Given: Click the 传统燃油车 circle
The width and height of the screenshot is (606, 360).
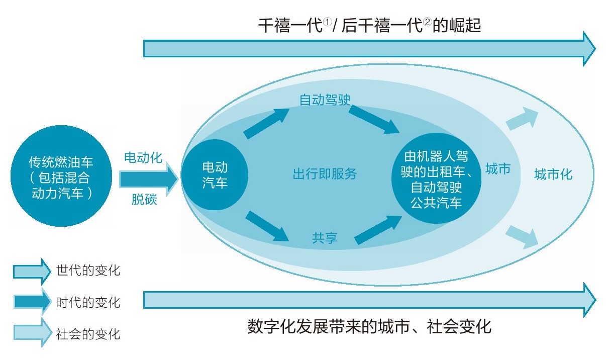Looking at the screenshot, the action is pyautogui.click(x=61, y=176).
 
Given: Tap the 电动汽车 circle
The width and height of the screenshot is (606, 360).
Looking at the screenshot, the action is pyautogui.click(x=215, y=175).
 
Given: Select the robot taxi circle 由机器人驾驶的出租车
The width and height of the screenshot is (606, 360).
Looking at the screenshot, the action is pyautogui.click(x=436, y=178).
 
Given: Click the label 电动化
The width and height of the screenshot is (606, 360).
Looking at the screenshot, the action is pyautogui.click(x=143, y=157).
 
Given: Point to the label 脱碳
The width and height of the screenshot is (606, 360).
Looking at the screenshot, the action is pyautogui.click(x=144, y=200).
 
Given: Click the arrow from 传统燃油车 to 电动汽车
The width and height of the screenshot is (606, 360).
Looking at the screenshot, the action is pyautogui.click(x=149, y=179).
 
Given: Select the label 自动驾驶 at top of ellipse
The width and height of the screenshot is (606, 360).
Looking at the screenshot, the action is pyautogui.click(x=325, y=100).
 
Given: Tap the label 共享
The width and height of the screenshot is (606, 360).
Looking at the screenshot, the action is pyautogui.click(x=325, y=238).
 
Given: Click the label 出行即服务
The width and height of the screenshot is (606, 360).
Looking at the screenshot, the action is pyautogui.click(x=325, y=173).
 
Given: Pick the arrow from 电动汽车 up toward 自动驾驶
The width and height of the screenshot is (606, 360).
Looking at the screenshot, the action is pyautogui.click(x=266, y=123).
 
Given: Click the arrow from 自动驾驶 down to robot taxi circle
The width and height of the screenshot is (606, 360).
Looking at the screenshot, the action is pyautogui.click(x=374, y=119).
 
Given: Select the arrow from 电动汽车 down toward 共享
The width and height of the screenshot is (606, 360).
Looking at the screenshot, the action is pyautogui.click(x=267, y=226).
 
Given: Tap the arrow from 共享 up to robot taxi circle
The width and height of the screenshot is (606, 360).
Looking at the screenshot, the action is pyautogui.click(x=378, y=230).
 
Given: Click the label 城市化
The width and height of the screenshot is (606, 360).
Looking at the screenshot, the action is pyautogui.click(x=553, y=174).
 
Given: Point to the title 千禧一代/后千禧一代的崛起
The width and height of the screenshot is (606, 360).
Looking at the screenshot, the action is pyautogui.click(x=369, y=26).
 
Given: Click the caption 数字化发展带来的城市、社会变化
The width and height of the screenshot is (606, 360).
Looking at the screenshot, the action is pyautogui.click(x=369, y=327).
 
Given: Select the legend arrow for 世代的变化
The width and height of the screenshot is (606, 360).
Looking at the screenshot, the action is pyautogui.click(x=32, y=272).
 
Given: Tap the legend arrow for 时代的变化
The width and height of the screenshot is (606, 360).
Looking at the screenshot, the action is pyautogui.click(x=33, y=302).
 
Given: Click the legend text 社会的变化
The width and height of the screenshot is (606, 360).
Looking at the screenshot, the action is pyautogui.click(x=88, y=334).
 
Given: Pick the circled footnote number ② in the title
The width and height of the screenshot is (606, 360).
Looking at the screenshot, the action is pyautogui.click(x=428, y=22).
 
